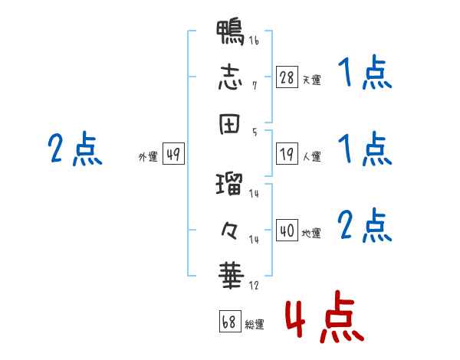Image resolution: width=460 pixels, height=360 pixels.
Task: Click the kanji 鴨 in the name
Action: (x=230, y=32)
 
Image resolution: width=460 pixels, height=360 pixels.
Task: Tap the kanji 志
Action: (x=230, y=77)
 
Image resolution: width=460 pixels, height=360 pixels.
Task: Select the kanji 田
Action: (x=229, y=124)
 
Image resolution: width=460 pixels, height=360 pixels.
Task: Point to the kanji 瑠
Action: (x=229, y=184)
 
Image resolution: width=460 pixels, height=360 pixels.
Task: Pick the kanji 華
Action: (x=232, y=276)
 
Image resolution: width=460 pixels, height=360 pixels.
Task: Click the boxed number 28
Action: (x=287, y=77)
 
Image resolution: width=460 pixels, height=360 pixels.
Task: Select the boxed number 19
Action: (x=287, y=154)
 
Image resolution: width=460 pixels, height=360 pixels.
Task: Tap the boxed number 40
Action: (x=287, y=230)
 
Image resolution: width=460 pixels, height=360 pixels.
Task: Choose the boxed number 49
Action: (x=173, y=153)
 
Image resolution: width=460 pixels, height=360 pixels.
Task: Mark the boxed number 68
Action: (x=230, y=321)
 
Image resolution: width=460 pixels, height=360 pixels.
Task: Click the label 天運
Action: (x=312, y=80)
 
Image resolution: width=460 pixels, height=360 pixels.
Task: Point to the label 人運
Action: (x=312, y=156)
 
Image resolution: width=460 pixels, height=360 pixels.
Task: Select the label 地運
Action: (x=311, y=234)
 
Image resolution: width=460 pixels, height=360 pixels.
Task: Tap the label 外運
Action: (x=148, y=156)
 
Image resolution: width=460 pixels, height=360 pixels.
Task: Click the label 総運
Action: (x=255, y=324)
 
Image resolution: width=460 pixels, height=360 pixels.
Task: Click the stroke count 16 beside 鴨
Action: (x=254, y=40)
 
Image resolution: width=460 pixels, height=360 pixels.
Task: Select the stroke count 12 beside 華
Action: (x=254, y=285)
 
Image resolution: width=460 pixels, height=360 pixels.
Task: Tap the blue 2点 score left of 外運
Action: (x=75, y=149)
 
